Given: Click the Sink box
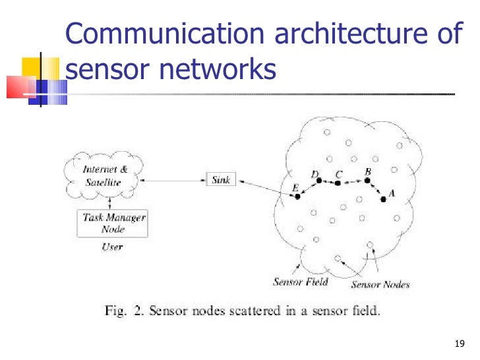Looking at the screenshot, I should (x=221, y=179).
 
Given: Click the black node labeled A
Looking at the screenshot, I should (x=384, y=200).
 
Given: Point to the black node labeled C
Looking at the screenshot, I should (x=338, y=183).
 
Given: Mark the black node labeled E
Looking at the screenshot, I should (x=297, y=196).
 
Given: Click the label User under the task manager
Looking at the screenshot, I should (x=112, y=247).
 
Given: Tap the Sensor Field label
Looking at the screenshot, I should (x=301, y=282).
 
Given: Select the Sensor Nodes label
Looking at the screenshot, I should (x=380, y=285).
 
